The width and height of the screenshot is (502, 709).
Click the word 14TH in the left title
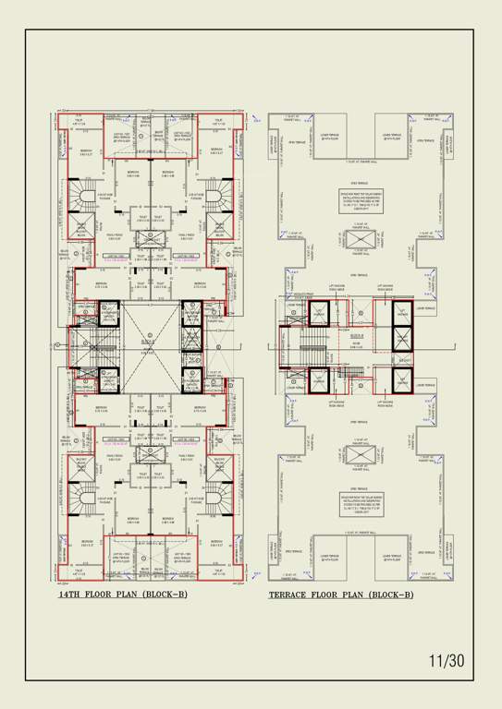pyautogui.click(x=71, y=595)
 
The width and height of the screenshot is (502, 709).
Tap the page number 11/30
pyautogui.click(x=447, y=661)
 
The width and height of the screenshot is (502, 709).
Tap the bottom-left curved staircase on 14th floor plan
pyautogui.click(x=85, y=499)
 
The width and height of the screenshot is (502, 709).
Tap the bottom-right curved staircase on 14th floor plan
pyautogui.click(x=219, y=499)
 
